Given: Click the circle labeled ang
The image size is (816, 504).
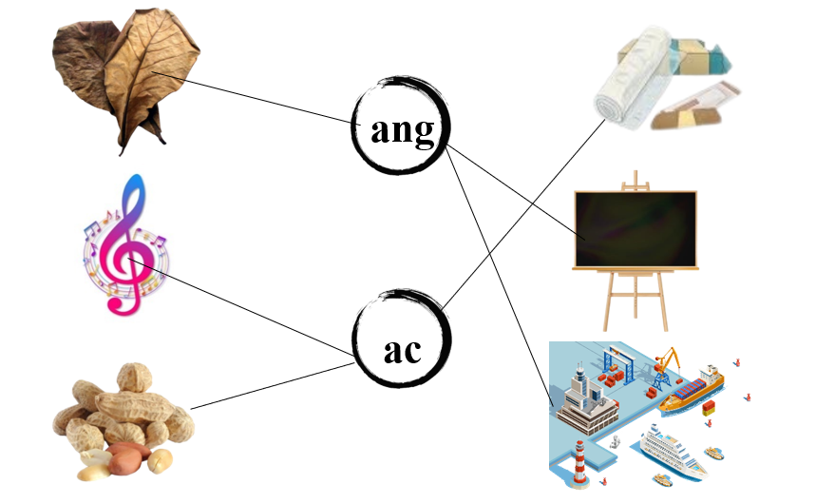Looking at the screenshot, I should (401, 127).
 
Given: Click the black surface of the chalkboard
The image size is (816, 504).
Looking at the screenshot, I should (635, 229).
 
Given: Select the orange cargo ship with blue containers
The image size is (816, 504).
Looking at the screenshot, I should (691, 389).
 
